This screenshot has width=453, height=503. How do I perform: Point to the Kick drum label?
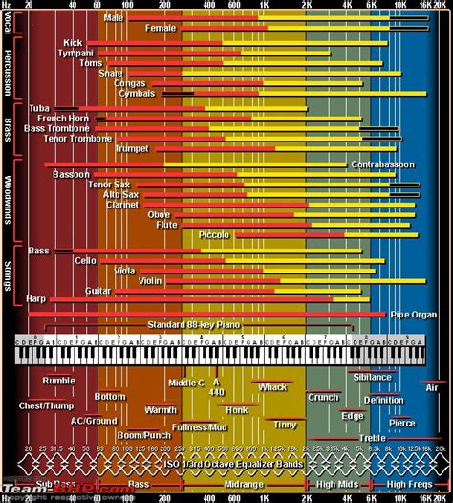pos(73,43)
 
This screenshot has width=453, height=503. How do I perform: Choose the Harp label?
pos(36,299)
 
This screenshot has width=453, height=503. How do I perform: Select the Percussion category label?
pos(8,67)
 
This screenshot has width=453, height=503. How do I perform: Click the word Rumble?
pos(57,380)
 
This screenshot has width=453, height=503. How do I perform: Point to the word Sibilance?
pos(372,377)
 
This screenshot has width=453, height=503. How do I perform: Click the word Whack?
pos(271,387)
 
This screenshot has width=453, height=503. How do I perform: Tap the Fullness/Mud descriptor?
pos(200,426)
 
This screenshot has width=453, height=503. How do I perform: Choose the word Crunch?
pos(323,397)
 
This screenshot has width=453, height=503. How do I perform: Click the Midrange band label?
pos(245,484)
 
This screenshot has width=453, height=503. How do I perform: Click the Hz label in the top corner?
pos(7,5)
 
